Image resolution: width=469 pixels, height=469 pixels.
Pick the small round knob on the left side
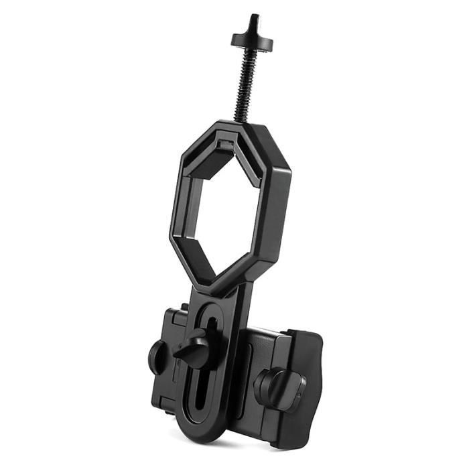click(x=158, y=355)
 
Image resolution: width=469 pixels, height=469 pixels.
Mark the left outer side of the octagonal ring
click(x=176, y=221)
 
